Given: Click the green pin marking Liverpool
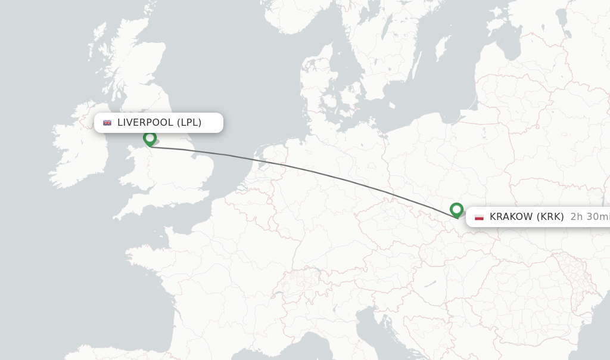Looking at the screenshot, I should tap(150, 138).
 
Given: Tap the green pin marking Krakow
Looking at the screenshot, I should tap(456, 210).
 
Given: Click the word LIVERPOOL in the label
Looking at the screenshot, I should tap(145, 123).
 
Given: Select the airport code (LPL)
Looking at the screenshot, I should tap(189, 123).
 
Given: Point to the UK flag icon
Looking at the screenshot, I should tap(107, 123).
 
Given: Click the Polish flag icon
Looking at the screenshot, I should tap(479, 217).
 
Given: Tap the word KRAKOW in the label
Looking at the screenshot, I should tap(511, 217).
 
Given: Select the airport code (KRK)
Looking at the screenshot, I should tap(550, 217).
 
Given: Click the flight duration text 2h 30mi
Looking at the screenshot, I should tap(589, 217).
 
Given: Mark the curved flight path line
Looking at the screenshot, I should tap(310, 171).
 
